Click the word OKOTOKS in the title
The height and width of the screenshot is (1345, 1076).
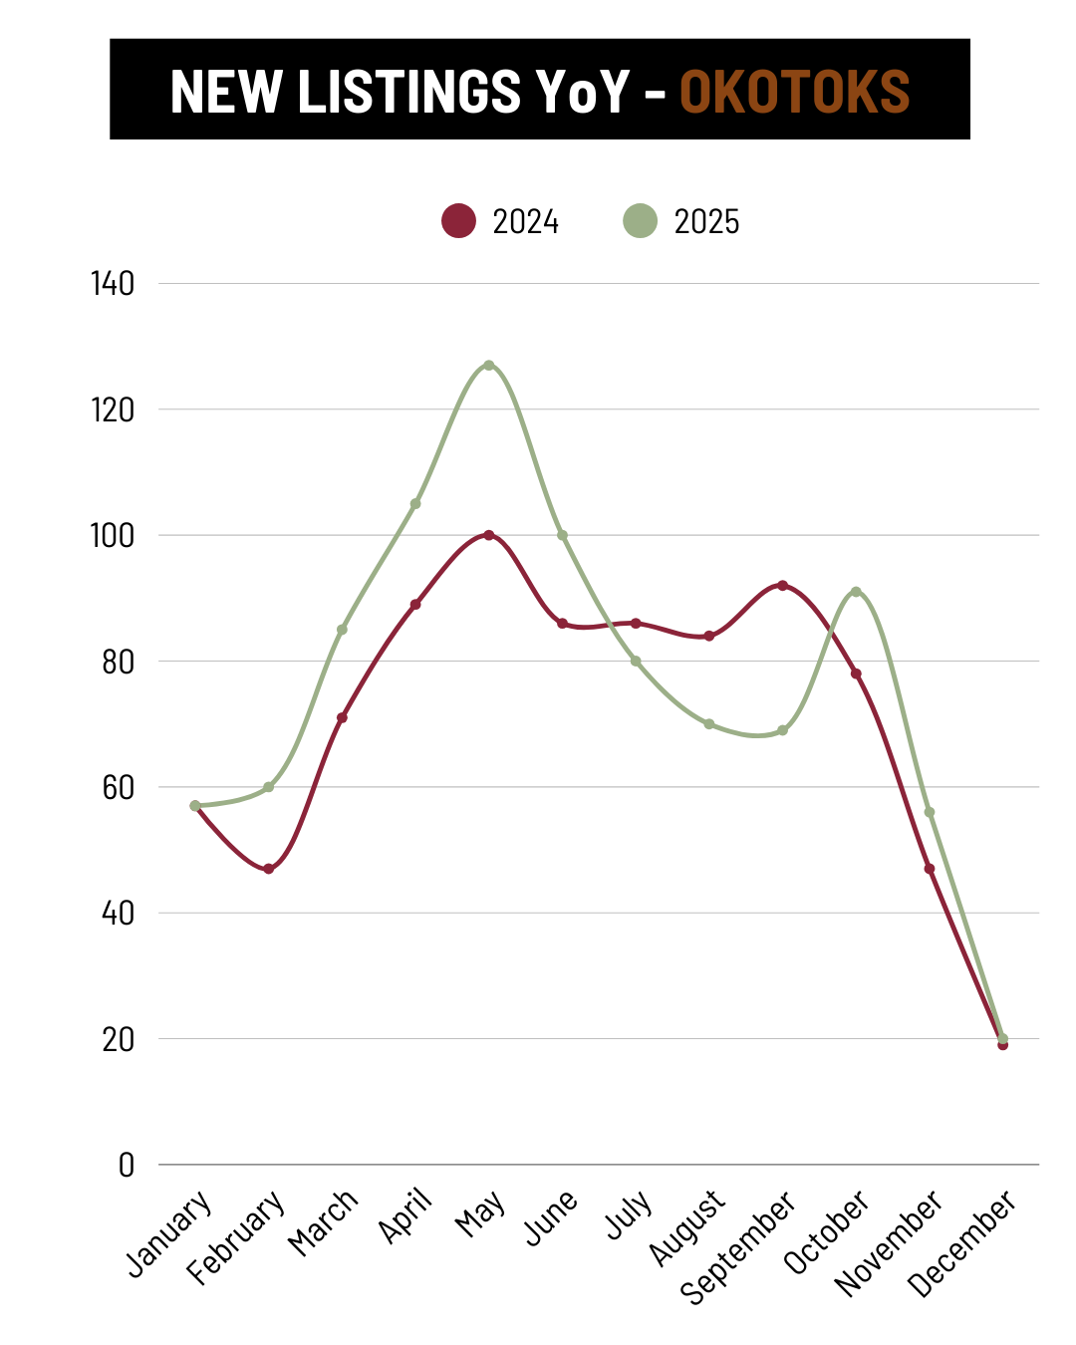tap(794, 91)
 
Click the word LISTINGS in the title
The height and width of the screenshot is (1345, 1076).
tap(408, 91)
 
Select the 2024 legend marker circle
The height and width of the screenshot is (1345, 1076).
tap(459, 220)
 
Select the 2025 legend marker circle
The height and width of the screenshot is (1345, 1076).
tap(641, 220)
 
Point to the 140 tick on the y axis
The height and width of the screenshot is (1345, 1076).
tap(113, 284)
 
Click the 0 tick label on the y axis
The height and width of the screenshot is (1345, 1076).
tap(126, 1165)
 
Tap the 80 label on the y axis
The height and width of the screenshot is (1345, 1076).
tap(118, 662)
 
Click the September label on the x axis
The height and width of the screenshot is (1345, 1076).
tap(738, 1246)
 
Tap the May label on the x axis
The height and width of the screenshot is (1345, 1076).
tap(481, 1214)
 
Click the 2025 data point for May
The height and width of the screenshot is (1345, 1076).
tap(489, 366)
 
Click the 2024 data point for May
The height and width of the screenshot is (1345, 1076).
tap(489, 535)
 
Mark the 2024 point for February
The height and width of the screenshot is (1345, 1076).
tap(269, 869)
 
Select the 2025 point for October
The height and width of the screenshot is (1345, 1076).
tap(856, 592)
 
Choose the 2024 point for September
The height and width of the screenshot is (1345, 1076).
tap(782, 586)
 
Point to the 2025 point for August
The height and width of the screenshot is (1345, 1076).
tap(709, 724)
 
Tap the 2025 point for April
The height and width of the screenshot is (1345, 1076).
tap(415, 504)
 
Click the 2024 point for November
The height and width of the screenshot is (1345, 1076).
tap(930, 869)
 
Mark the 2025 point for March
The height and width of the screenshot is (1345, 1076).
tap(342, 630)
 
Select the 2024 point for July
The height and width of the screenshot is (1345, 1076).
tap(636, 624)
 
